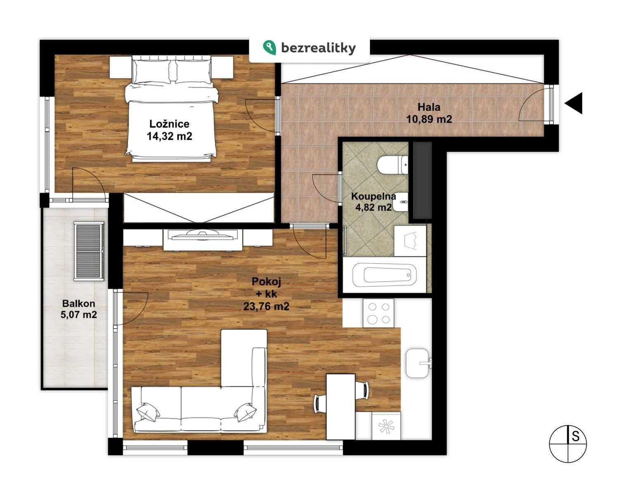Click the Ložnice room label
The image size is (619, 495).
pos(169,124)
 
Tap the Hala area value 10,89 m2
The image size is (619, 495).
pos(429,119)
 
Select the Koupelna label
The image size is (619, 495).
pos(373,196)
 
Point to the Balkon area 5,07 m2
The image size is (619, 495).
pos(78,315)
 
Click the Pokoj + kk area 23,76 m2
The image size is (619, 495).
pos(266,306)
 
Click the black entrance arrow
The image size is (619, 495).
pos(574,103)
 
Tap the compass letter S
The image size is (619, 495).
pos(576,436)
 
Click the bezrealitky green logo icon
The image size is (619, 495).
pos(269,47)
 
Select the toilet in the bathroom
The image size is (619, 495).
pos(392,165)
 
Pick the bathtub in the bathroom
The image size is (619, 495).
pos(384,275)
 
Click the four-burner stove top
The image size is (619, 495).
pos(378,313)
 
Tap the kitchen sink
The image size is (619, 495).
pos(418,363)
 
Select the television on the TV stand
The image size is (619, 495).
pos(203,235)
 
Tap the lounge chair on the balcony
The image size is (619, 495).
pos(89,251)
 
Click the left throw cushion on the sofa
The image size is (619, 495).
pos(148,412)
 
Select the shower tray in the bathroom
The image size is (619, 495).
pos(410,241)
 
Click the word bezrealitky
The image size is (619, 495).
pos(319,48)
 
